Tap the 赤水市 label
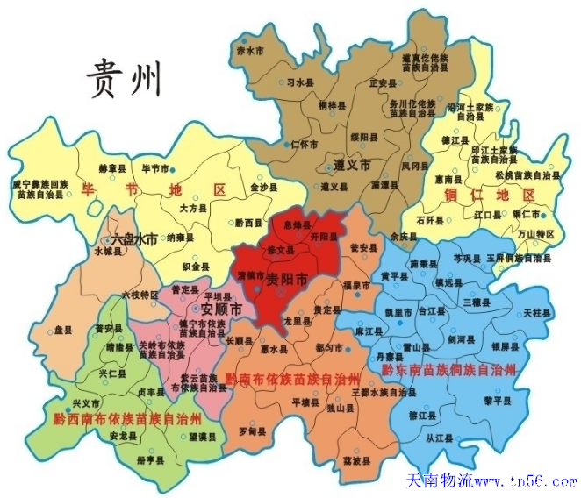point(250,52)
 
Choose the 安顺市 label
point(221,309)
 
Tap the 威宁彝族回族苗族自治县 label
point(40,190)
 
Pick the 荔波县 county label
point(355,459)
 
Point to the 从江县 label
point(437,436)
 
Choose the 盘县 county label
point(62,331)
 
